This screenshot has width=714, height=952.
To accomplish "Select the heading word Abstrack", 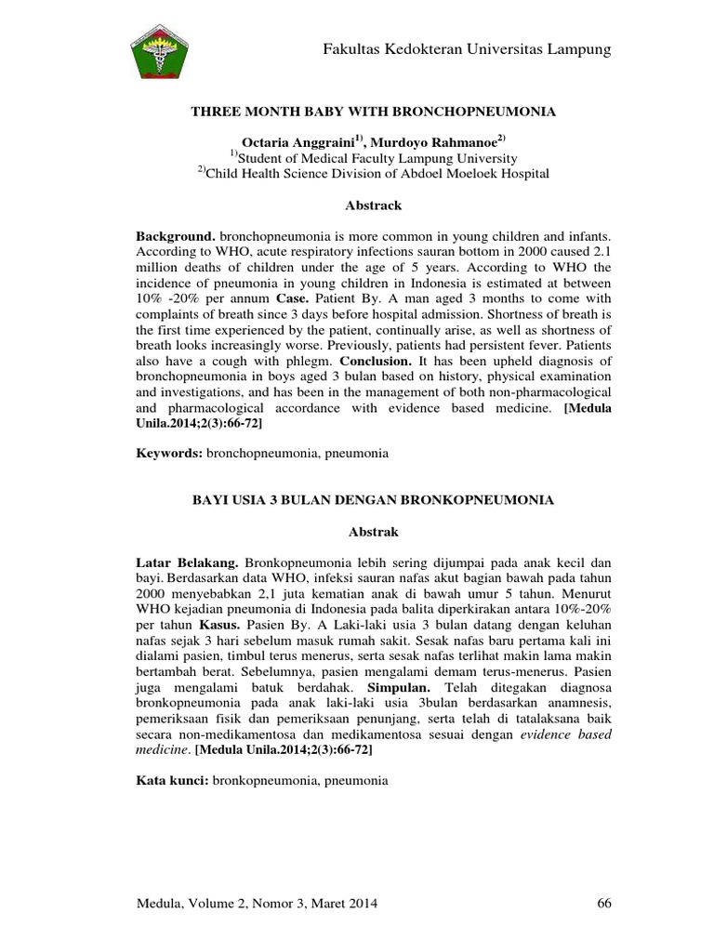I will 373,205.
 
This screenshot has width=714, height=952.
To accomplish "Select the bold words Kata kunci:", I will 174,781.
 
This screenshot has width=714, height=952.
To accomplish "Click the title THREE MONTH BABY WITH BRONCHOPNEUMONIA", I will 373,111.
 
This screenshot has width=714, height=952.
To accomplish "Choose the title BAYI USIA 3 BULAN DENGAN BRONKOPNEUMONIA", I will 373,499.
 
